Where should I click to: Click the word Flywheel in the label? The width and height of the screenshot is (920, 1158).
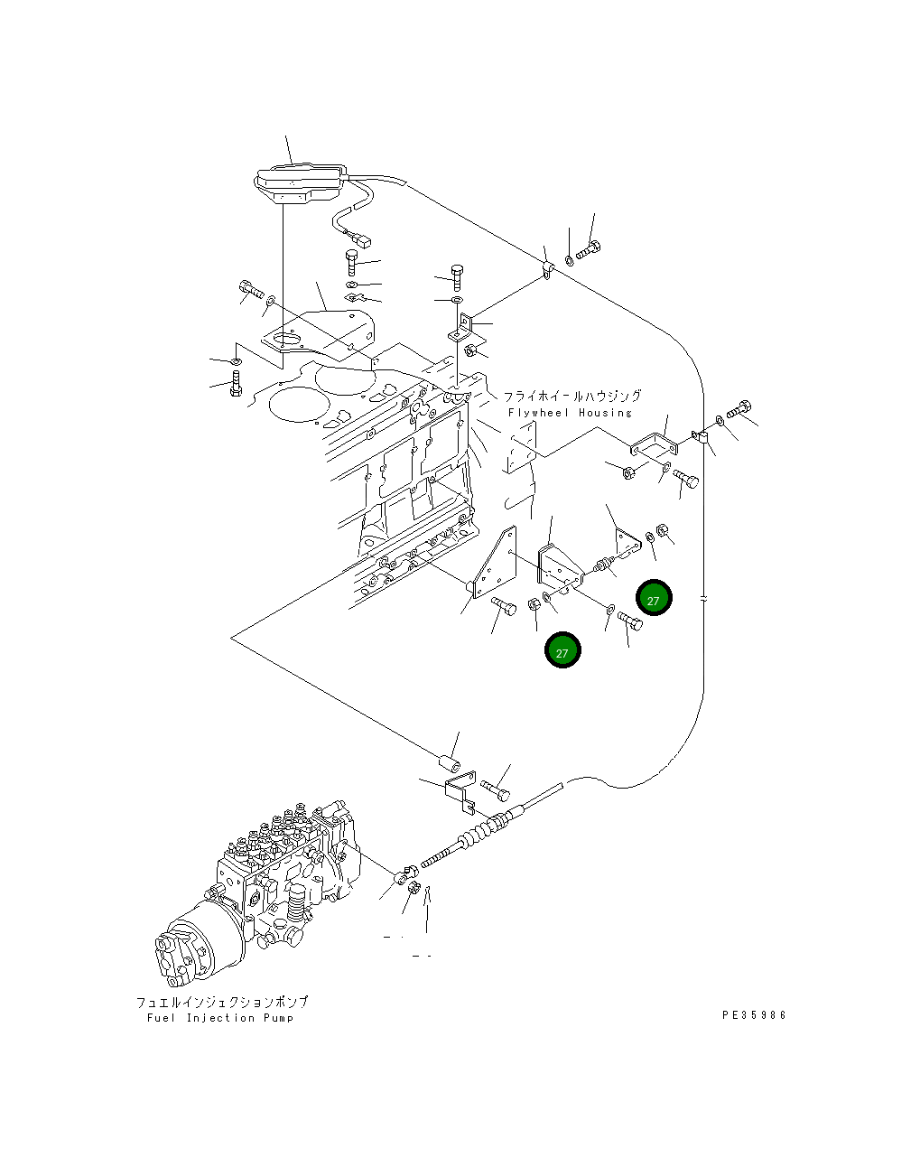click(538, 413)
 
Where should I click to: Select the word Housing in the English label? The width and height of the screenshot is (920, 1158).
click(605, 413)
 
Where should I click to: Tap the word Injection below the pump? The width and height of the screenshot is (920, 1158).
click(220, 1018)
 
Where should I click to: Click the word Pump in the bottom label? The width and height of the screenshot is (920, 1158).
click(279, 1018)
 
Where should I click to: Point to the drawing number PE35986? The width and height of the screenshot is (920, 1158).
click(754, 1015)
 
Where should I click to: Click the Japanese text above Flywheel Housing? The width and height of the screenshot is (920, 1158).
click(572, 396)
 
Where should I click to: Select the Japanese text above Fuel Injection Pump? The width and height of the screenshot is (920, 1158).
click(222, 1002)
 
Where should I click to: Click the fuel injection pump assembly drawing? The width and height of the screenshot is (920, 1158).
click(258, 893)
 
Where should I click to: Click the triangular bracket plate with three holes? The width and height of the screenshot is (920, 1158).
click(495, 563)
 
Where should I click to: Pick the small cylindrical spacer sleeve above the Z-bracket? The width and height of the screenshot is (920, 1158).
click(451, 763)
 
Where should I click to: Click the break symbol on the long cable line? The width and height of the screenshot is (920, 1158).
click(703, 599)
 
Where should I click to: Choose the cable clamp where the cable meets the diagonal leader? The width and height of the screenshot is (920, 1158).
click(547, 270)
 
